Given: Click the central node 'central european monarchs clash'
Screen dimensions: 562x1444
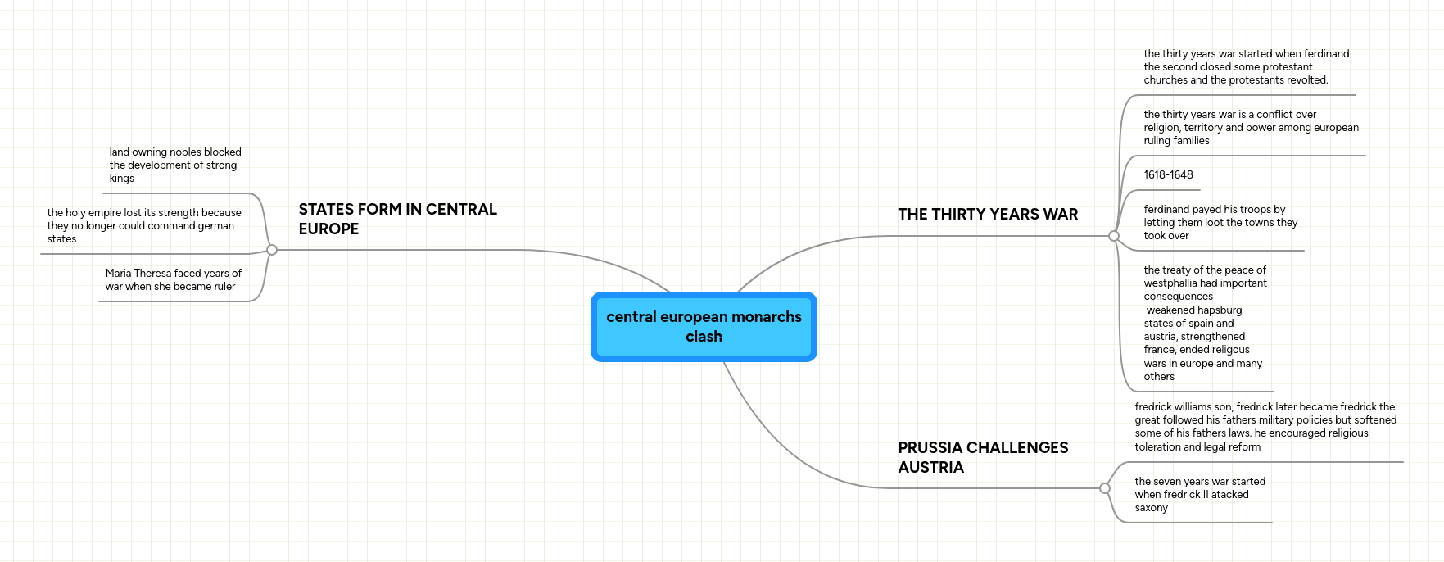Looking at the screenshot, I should point(704,326).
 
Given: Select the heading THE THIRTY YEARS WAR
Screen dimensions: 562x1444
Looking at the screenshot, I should point(988,215).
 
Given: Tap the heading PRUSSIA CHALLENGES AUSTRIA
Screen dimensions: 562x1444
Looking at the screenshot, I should point(983,457).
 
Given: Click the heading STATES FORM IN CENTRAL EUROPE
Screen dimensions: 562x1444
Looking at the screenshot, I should point(397,219).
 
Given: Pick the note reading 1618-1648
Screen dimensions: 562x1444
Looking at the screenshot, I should point(1168,175).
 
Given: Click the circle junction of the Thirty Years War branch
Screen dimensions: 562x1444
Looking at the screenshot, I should point(1113,236).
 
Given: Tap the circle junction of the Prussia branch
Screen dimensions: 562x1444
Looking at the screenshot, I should point(1104,488).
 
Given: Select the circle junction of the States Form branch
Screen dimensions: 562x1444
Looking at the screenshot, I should point(272,250).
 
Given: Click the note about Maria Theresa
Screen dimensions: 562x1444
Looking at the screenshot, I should point(173,280).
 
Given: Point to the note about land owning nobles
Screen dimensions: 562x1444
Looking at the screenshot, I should point(174,165).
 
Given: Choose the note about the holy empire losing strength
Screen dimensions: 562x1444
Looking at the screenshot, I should point(143,226).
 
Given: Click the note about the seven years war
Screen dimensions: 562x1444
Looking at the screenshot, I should point(1199,495).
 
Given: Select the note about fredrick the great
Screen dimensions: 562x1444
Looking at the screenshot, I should point(1265,427).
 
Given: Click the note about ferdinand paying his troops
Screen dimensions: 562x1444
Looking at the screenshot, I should point(1220,223).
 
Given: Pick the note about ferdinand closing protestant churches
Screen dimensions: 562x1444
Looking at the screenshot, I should point(1245,67).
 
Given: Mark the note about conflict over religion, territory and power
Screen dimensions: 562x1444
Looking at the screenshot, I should point(1250,128).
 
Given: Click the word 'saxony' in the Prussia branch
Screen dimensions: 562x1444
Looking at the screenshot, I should point(1151,508).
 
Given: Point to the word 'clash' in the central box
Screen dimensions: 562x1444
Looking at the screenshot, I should point(704,337).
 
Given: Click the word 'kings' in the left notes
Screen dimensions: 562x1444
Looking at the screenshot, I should point(122,179).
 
